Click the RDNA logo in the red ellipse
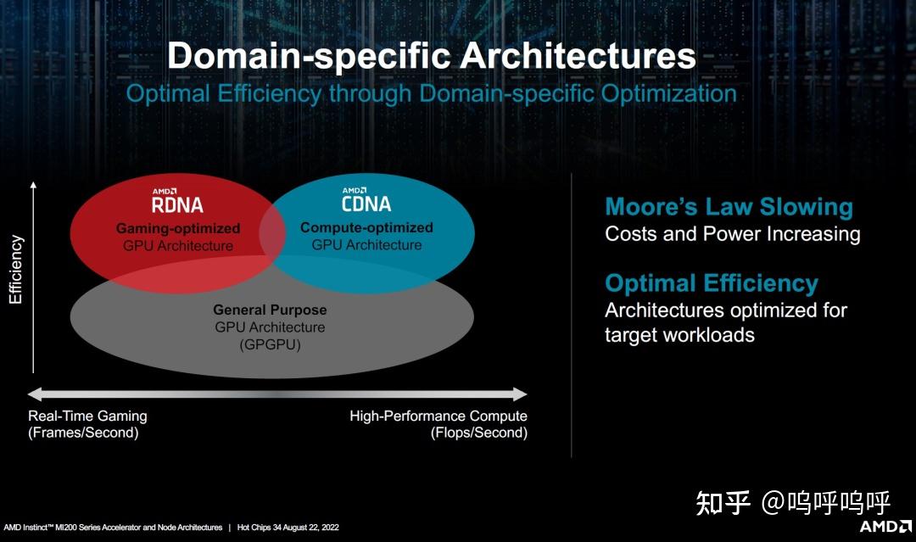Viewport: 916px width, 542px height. pyautogui.click(x=177, y=202)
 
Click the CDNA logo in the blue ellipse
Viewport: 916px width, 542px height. pyautogui.click(x=366, y=201)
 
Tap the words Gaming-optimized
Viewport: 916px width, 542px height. pyautogui.click(x=178, y=229)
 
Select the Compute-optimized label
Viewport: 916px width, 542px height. pyautogui.click(x=366, y=227)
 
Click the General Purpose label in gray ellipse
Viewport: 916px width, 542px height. pyautogui.click(x=270, y=310)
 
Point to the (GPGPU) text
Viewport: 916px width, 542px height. pyautogui.click(x=270, y=345)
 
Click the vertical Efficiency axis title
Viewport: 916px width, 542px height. pyautogui.click(x=16, y=270)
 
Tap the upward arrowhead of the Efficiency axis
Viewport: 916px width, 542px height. pyautogui.click(x=33, y=184)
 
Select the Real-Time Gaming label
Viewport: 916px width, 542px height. pyautogui.click(x=87, y=416)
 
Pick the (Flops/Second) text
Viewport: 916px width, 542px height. pyautogui.click(x=478, y=433)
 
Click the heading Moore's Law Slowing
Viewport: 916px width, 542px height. pyautogui.click(x=729, y=207)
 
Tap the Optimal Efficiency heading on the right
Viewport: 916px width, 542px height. pyautogui.click(x=711, y=283)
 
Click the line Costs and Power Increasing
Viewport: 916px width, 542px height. pyautogui.click(x=732, y=234)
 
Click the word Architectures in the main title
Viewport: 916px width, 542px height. pyautogui.click(x=578, y=57)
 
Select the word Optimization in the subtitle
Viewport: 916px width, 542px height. pyautogui.click(x=668, y=93)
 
